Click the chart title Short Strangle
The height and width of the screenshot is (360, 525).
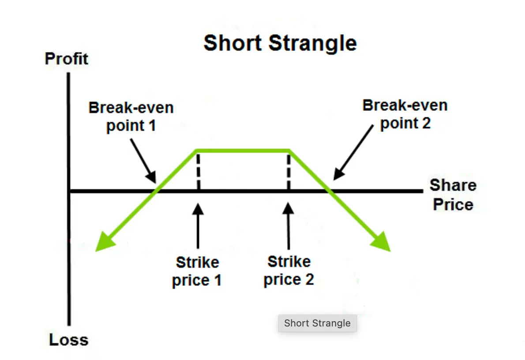coord(280,43)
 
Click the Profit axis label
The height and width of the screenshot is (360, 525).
coord(67,59)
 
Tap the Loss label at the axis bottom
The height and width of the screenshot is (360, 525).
coord(68,340)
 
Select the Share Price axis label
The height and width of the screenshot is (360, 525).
coord(453,195)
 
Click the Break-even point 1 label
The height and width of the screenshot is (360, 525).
coord(131,116)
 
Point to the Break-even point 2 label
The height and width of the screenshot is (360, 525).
coord(405,114)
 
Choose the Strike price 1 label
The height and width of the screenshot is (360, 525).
coord(197,271)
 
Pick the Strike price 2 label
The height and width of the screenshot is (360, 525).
coord(289,270)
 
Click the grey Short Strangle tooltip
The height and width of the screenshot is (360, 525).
coord(317,323)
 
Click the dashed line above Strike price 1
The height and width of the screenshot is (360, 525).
coord(198,170)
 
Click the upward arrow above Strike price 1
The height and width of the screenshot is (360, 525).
coord(198,225)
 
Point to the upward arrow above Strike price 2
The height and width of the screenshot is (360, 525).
coord(289,225)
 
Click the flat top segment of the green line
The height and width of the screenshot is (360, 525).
coord(243,150)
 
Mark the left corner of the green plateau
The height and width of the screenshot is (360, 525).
coord(196,150)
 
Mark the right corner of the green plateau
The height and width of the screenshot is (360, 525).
coord(289,150)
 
